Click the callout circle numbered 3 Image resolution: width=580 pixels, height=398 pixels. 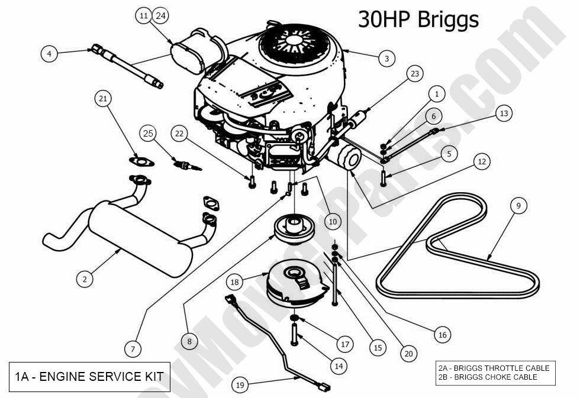[x=386, y=59]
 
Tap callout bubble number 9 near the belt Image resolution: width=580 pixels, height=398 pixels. [x=518, y=206]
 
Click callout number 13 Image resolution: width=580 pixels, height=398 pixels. [x=503, y=113]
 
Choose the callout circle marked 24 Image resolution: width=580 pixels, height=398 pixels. [x=160, y=16]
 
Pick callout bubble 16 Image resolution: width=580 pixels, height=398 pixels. [x=442, y=335]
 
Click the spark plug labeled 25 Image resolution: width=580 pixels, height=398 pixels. [x=186, y=164]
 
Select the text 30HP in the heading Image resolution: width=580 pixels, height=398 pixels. [x=384, y=20]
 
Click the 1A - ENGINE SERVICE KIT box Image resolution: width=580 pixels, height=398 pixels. [x=89, y=376]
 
